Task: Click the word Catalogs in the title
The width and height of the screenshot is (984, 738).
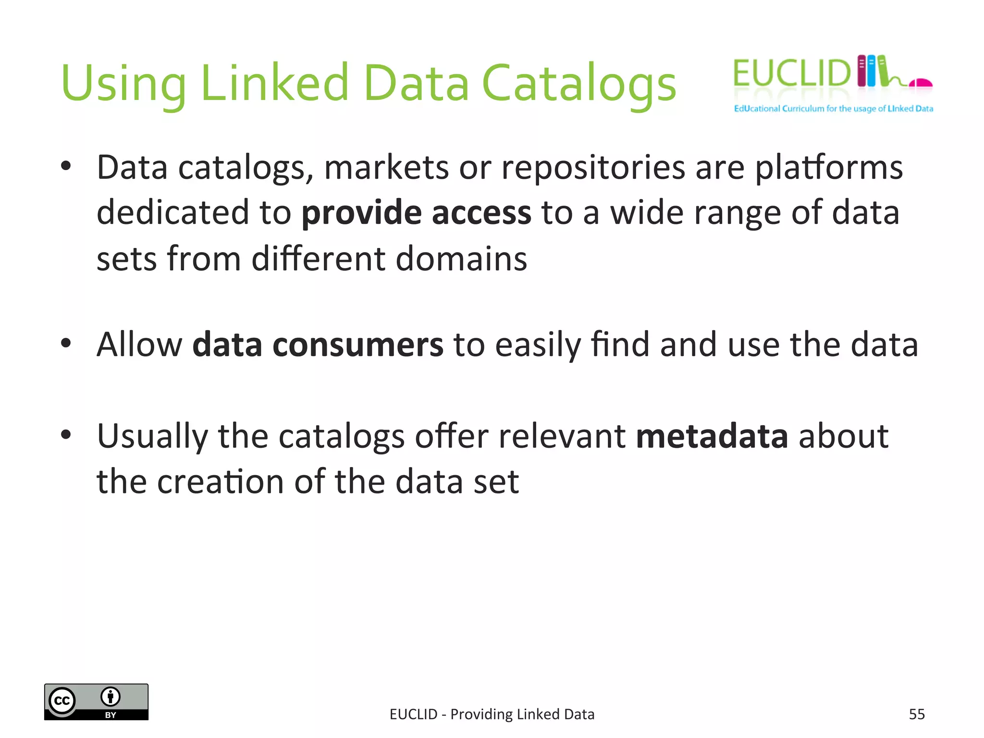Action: (x=578, y=84)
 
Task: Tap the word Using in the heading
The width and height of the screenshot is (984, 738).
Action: (x=123, y=84)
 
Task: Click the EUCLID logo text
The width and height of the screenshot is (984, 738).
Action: (x=792, y=74)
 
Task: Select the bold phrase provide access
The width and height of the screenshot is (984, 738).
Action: (x=416, y=213)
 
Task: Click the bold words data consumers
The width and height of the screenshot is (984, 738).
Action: (x=318, y=345)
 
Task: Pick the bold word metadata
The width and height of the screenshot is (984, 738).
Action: (x=712, y=436)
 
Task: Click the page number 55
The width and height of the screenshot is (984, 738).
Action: (x=917, y=714)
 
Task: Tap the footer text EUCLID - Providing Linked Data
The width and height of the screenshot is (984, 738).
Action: (x=492, y=714)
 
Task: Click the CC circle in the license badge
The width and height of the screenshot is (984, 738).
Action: (x=62, y=701)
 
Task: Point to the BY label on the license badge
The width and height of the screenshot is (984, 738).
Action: (x=111, y=715)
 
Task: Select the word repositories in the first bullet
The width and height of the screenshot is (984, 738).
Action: (x=593, y=168)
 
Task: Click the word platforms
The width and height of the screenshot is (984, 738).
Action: (x=829, y=168)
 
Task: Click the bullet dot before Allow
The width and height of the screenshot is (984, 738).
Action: (x=66, y=343)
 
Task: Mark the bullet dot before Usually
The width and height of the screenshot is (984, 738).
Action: (x=66, y=434)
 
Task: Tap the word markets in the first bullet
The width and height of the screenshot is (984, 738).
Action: (x=386, y=168)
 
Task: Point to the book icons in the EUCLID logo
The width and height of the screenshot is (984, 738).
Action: (x=872, y=71)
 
